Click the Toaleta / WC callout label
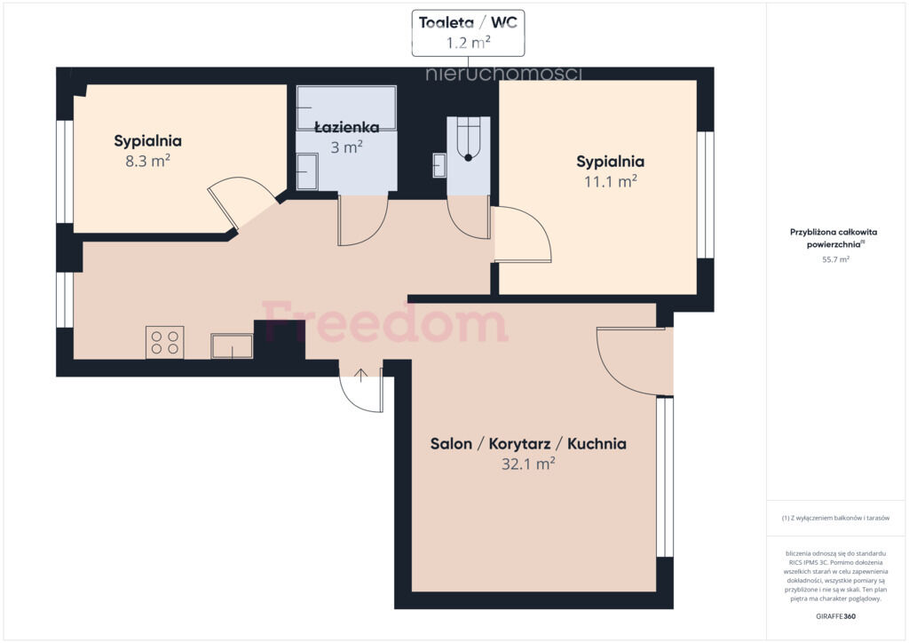pyautogui.click(x=468, y=33)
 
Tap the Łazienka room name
pyautogui.click(x=347, y=128)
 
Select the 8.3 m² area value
pyautogui.click(x=148, y=161)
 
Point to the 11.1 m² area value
pyautogui.click(x=611, y=181)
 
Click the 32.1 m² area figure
pyautogui.click(x=528, y=464)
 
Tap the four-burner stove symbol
pyautogui.click(x=164, y=342)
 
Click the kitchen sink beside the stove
pyautogui.click(x=232, y=346)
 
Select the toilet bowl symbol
pyautogui.click(x=469, y=139)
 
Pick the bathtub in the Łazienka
pyautogui.click(x=346, y=107)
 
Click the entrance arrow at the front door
pyautogui.click(x=360, y=375)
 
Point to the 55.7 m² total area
pyautogui.click(x=835, y=259)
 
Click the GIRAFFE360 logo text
pyautogui.click(x=835, y=616)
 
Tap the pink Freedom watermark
pyautogui.click(x=385, y=321)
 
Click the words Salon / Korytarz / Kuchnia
pyautogui.click(x=528, y=443)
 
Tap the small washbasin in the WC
pyautogui.click(x=439, y=165)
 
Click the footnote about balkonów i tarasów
pyautogui.click(x=835, y=518)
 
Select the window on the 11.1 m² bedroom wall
pyautogui.click(x=705, y=194)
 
